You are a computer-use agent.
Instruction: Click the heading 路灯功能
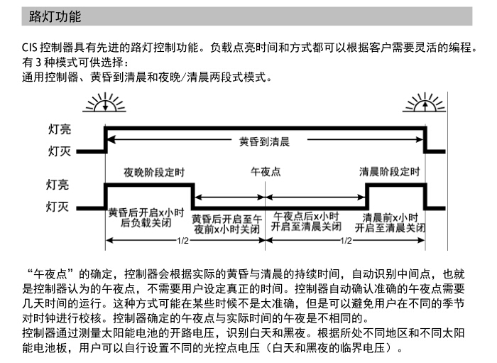click(55, 16)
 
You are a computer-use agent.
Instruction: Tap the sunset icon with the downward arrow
click(104, 102)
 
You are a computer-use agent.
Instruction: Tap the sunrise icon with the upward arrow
click(425, 102)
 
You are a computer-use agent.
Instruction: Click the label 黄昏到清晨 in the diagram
click(264, 141)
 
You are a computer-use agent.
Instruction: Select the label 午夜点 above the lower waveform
click(266, 172)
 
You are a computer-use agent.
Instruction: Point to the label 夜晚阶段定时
click(154, 172)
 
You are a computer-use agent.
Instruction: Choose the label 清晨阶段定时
click(390, 171)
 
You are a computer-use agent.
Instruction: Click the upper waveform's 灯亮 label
click(60, 129)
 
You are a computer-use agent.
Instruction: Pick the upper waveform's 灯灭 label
click(60, 151)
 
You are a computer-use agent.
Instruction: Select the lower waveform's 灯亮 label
click(58, 185)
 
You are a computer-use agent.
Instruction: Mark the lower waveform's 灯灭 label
click(58, 207)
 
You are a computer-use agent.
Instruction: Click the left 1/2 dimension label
click(182, 241)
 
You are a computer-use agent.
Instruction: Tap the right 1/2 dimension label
click(346, 241)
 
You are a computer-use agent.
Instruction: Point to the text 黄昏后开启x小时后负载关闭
click(146, 217)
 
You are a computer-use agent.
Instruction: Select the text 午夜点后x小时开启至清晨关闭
click(306, 222)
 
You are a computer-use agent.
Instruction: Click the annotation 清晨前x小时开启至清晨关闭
click(390, 222)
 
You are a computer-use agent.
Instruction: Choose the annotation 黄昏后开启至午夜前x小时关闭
click(227, 224)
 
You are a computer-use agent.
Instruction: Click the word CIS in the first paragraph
click(30, 48)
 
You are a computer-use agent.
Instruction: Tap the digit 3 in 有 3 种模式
click(38, 63)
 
